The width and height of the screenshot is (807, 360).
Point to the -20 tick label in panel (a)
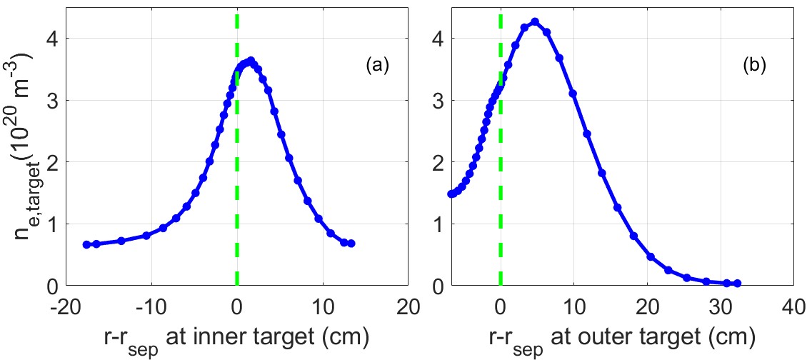point(64,306)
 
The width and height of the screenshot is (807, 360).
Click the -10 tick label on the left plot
point(150,306)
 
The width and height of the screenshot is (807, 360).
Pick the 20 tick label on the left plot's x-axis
point(407,306)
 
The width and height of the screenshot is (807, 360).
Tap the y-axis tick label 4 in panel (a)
point(52,39)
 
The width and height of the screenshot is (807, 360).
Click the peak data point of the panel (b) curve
point(534,22)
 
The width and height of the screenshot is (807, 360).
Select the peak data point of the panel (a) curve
point(250,61)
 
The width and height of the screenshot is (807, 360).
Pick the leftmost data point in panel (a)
point(86,244)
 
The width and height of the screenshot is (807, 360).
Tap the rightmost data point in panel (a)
point(351,244)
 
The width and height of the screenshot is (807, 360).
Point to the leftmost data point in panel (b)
point(451,194)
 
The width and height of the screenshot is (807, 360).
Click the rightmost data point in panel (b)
point(738,284)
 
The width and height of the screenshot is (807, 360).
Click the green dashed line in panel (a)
point(236,179)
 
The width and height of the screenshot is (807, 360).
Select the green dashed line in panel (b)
point(500,179)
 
